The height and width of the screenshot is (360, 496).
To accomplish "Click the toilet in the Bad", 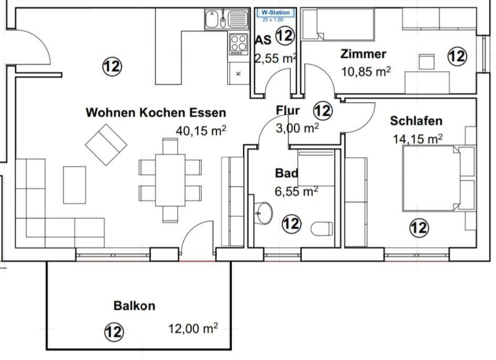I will pyautogui.click(x=321, y=229).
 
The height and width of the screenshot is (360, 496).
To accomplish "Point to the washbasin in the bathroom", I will pyautogui.click(x=263, y=213).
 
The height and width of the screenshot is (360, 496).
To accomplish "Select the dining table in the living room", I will pyautogui.click(x=170, y=180).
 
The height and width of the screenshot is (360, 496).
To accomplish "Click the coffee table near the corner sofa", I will pyautogui.click(x=74, y=185).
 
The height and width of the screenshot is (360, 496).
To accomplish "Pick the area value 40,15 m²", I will pyautogui.click(x=201, y=131).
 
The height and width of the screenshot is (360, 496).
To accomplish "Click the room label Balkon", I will pyautogui.click(x=134, y=305).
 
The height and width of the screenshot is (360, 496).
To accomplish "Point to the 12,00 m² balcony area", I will pyautogui.click(x=193, y=329).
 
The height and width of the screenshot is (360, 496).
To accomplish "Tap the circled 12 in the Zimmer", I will pyautogui.click(x=457, y=56).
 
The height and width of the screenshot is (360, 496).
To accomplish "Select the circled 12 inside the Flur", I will pyautogui.click(x=323, y=111).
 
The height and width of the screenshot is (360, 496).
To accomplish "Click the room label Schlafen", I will pyautogui.click(x=416, y=121).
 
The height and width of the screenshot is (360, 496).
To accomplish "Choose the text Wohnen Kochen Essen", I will pyautogui.click(x=156, y=112).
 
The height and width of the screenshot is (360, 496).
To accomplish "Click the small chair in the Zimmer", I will pyautogui.click(x=427, y=61).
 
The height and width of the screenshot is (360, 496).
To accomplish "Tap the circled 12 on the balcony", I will pyautogui.click(x=113, y=331).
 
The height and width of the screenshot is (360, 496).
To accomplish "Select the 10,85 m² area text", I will pyautogui.click(x=366, y=71).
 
